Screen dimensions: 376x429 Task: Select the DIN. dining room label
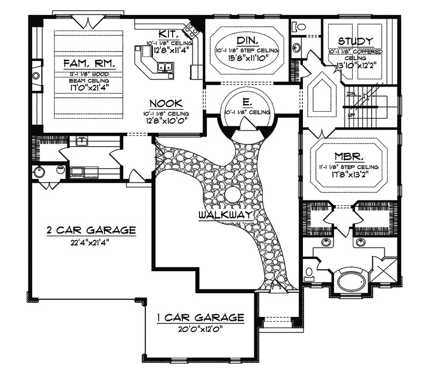pyautogui.click(x=247, y=41)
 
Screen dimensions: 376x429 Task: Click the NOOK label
pyautogui.click(x=166, y=103)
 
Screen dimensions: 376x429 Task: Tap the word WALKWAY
pyautogui.click(x=225, y=215)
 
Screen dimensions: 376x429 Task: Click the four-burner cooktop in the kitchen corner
pyautogui.click(x=189, y=28)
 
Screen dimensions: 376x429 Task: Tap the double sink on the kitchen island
pyautogui.click(x=165, y=67)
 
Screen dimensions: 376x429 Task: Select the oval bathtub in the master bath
pyautogui.click(x=351, y=281)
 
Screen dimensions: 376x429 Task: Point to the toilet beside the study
pyautogui.click(x=298, y=25)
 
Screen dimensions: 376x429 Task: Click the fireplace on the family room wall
pyautogui.click(x=35, y=76)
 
